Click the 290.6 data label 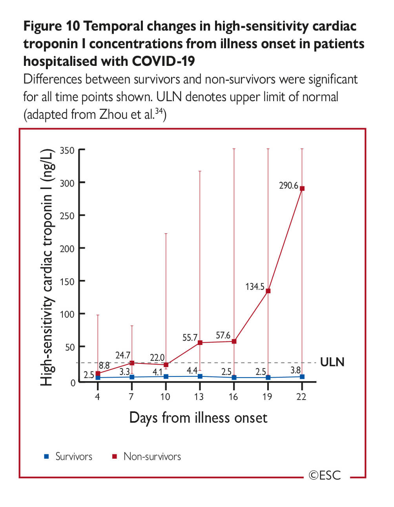(288, 185)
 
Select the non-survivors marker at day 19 (268, 291)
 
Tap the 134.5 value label (255, 287)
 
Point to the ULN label (332, 362)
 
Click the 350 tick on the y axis (67, 150)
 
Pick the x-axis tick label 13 (199, 397)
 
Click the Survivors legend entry (73, 456)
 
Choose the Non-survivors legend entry (151, 456)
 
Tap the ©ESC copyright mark (325, 476)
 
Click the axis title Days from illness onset (198, 418)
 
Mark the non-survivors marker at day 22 (302, 189)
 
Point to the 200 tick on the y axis (67, 248)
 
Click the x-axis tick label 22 (301, 397)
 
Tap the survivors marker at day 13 (200, 376)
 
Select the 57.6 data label (223, 336)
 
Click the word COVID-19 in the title (163, 61)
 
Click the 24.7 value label (122, 356)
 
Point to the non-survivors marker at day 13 (200, 343)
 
